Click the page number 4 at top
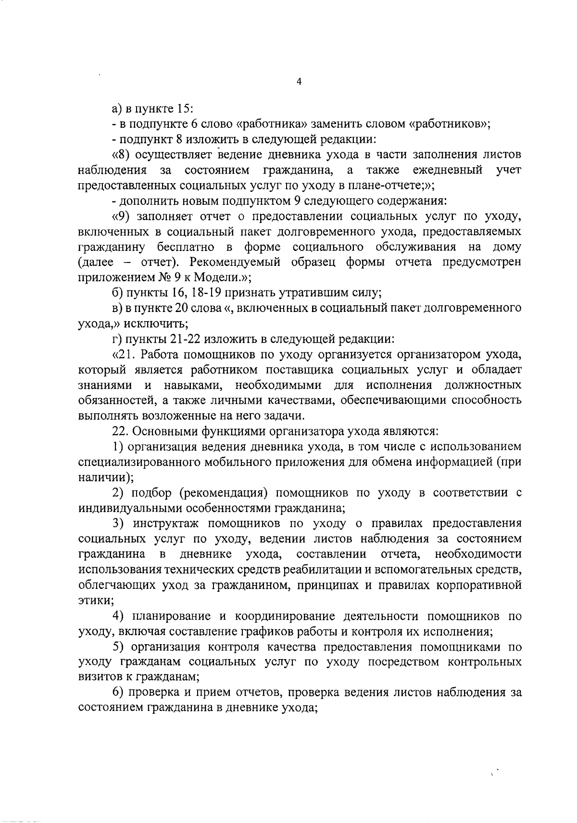[x=299, y=82]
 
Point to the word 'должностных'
[x=483, y=385]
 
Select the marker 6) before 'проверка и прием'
[x=118, y=693]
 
